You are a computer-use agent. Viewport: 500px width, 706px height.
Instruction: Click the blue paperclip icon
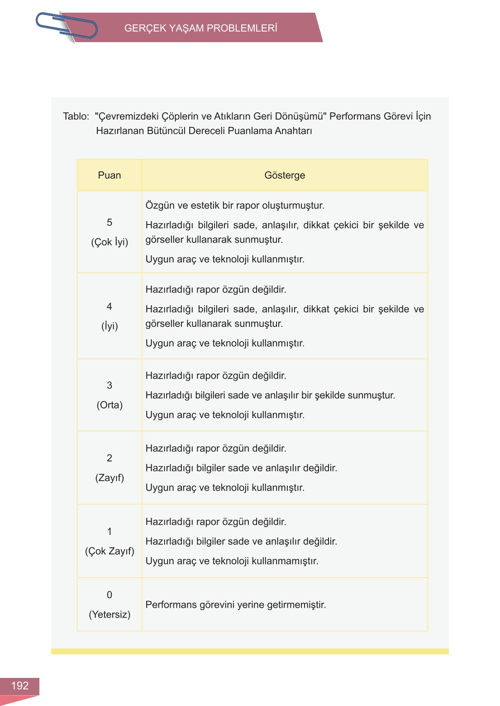click(67, 26)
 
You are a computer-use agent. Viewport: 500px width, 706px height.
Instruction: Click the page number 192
click(19, 686)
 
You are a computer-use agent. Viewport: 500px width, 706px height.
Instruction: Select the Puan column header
click(109, 175)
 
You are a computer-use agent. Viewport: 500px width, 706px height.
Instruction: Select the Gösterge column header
click(285, 175)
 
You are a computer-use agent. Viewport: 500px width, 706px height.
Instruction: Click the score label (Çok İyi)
click(110, 242)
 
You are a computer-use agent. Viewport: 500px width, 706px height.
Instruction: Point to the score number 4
click(110, 307)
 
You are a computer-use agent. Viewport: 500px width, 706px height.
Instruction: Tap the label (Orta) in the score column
click(110, 405)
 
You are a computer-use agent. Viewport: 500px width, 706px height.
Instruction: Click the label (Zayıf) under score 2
click(110, 478)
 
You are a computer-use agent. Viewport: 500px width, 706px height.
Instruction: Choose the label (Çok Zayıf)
click(110, 551)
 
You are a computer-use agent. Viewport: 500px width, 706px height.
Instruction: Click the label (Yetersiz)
click(110, 615)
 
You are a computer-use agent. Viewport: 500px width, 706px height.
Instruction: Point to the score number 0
click(110, 595)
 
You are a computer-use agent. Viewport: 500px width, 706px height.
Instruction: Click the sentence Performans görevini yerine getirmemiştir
click(236, 605)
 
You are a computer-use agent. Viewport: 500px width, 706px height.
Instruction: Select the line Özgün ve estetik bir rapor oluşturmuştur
click(235, 205)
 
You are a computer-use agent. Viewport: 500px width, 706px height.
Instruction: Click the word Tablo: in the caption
click(76, 116)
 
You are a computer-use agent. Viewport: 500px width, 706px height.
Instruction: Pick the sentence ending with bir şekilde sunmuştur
click(270, 395)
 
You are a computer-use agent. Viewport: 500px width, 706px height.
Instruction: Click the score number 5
click(110, 222)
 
